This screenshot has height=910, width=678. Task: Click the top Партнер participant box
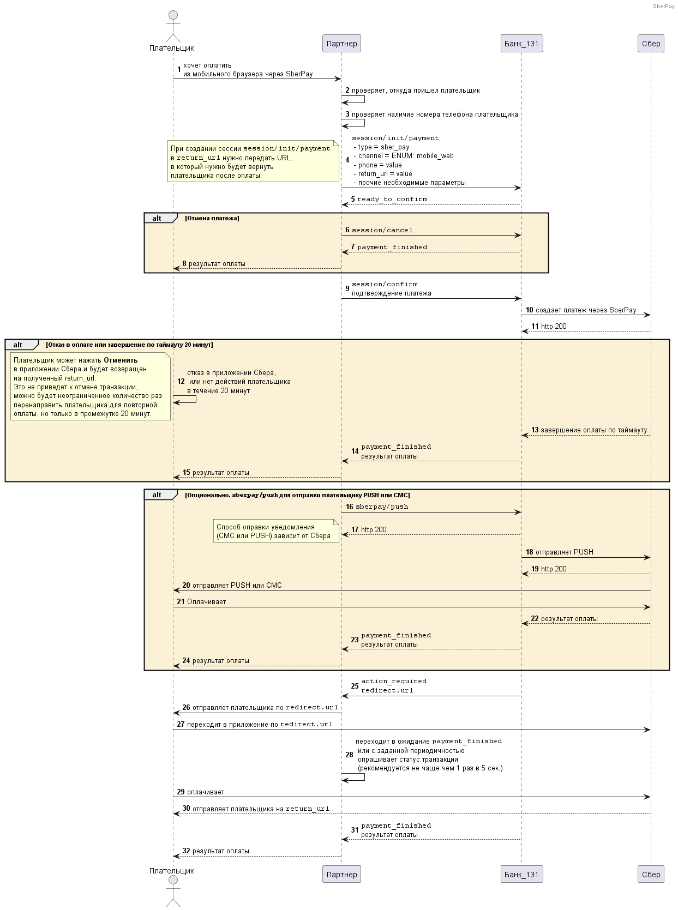tap(341, 44)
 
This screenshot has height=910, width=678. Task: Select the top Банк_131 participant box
tap(521, 44)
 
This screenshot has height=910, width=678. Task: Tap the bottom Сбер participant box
tap(651, 874)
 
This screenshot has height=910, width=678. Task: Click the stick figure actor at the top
tap(173, 27)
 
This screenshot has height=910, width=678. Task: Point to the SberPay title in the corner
tap(664, 6)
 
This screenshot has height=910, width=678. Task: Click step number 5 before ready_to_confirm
tap(353, 199)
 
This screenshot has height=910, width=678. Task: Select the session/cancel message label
tap(382, 230)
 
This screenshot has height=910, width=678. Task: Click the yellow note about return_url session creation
tap(253, 161)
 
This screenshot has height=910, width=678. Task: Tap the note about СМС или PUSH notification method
tap(276, 531)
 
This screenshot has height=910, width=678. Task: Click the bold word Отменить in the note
tap(120, 360)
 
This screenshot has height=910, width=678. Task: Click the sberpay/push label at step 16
tap(382, 507)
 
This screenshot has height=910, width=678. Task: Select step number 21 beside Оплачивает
tap(181, 601)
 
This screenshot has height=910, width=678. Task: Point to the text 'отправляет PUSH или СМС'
tap(237, 585)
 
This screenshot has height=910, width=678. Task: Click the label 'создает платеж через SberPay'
tap(586, 310)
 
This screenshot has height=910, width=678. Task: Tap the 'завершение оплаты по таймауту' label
tap(593, 430)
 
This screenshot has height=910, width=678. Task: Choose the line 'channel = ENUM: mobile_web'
tap(404, 155)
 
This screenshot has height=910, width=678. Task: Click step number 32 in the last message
tap(187, 851)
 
